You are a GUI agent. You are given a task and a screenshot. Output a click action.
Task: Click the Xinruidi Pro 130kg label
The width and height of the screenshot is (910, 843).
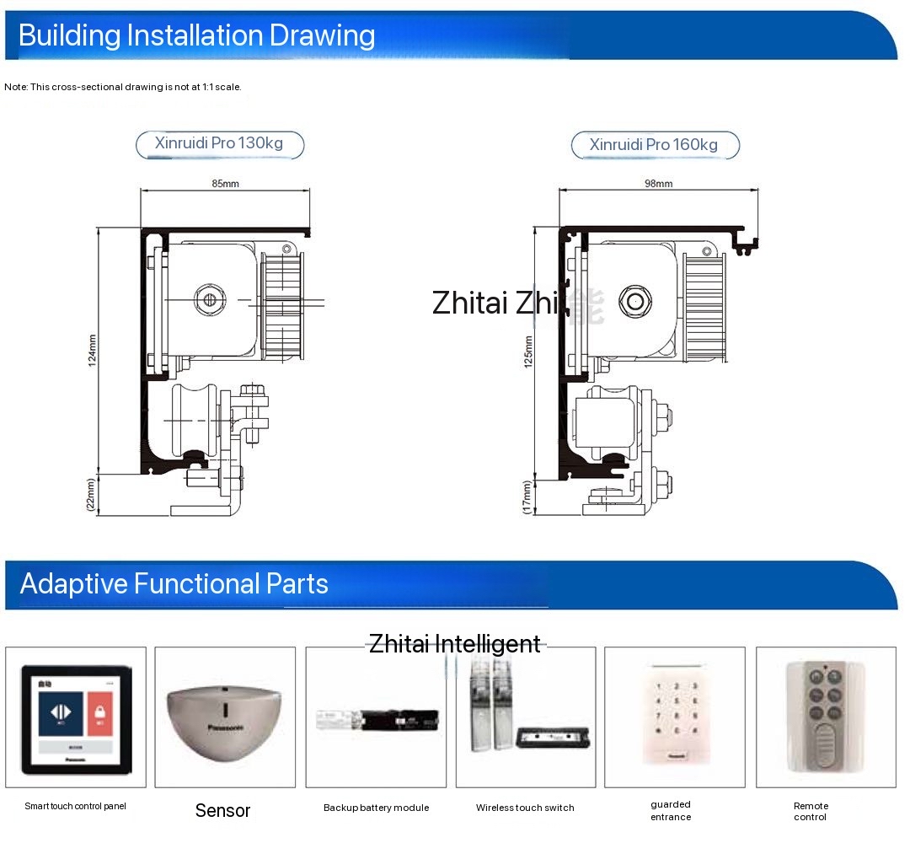click(219, 143)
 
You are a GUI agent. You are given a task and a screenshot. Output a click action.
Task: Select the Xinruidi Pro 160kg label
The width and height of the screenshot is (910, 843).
click(654, 145)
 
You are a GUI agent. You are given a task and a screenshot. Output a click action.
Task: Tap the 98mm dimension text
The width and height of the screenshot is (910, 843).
click(658, 183)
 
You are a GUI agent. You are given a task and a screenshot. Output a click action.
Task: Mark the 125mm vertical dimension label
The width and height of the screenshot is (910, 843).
click(527, 352)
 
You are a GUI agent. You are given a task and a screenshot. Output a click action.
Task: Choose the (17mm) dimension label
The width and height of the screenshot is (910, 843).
click(527, 497)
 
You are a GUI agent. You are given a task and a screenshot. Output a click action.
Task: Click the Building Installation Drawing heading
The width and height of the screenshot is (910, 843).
click(196, 35)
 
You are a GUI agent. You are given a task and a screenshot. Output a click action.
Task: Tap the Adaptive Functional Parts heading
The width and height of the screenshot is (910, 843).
click(174, 583)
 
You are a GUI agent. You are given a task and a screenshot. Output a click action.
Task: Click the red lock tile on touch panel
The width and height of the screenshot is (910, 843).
click(99, 711)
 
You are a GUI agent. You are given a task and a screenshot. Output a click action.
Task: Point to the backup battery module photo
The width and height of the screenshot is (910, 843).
click(377, 720)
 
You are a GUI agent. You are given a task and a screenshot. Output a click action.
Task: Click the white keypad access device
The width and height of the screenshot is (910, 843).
click(674, 715)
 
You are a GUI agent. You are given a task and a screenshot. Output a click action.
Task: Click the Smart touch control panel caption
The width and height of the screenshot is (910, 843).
click(75, 806)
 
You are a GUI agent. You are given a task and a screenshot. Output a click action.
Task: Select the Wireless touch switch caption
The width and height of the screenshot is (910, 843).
click(525, 808)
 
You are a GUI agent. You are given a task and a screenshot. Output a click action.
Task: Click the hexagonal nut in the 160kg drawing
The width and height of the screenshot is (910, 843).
click(634, 300)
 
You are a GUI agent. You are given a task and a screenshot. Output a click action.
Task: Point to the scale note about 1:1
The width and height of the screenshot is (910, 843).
click(123, 87)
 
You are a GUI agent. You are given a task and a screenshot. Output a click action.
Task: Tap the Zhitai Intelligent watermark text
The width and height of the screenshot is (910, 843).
click(455, 644)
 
